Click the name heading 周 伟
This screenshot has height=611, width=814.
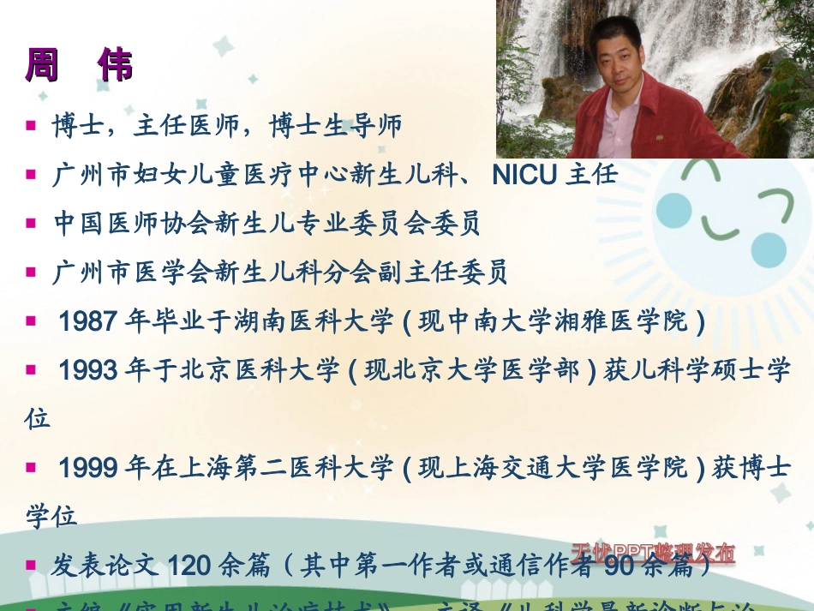point(79,67)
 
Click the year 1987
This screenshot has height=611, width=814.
point(87,322)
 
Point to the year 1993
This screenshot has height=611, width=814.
point(87,370)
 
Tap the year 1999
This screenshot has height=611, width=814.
point(87,468)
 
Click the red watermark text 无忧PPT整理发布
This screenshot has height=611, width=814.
point(653,551)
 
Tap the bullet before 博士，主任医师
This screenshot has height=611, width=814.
point(31,126)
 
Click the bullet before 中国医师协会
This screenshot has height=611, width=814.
point(31,224)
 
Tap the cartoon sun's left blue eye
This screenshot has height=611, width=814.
point(673,210)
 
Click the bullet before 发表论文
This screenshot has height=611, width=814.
point(31,565)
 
